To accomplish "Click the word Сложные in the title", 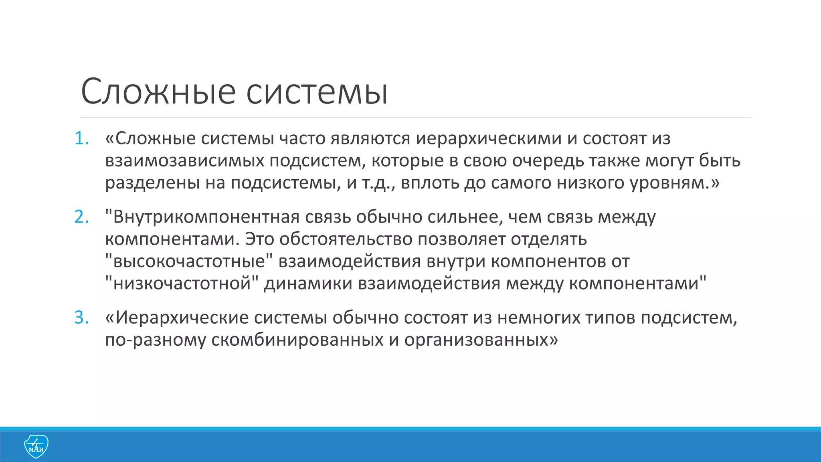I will [x=158, y=92].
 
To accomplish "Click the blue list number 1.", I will [x=81, y=138].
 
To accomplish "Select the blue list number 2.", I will [x=81, y=217].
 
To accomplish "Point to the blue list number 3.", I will [x=81, y=318].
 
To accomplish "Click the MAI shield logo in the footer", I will [x=36, y=446].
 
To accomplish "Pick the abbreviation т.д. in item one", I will [x=376, y=183].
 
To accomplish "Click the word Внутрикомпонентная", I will [x=206, y=217].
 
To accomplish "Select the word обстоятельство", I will [x=346, y=239].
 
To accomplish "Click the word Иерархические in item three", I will [x=182, y=318].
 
